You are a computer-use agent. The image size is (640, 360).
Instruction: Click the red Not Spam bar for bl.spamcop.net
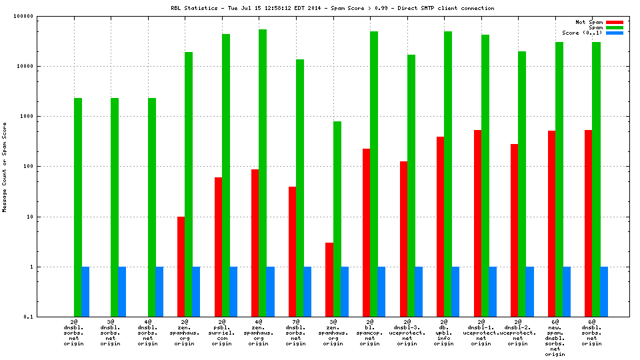click(366, 233)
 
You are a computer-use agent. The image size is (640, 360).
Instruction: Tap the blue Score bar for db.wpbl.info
click(455, 291)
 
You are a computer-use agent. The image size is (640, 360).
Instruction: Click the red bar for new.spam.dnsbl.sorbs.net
click(551, 223)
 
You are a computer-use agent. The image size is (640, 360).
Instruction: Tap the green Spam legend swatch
click(614, 27)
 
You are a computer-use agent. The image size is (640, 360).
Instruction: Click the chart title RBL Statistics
click(332, 8)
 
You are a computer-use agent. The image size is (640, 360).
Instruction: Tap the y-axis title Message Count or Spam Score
click(5, 167)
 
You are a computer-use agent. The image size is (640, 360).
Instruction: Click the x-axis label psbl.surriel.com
click(222, 333)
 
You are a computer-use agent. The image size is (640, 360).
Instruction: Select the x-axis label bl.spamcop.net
click(370, 333)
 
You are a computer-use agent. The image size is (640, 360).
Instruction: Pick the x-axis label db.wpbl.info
click(444, 333)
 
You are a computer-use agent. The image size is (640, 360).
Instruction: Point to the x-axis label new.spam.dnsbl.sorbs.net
click(555, 339)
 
